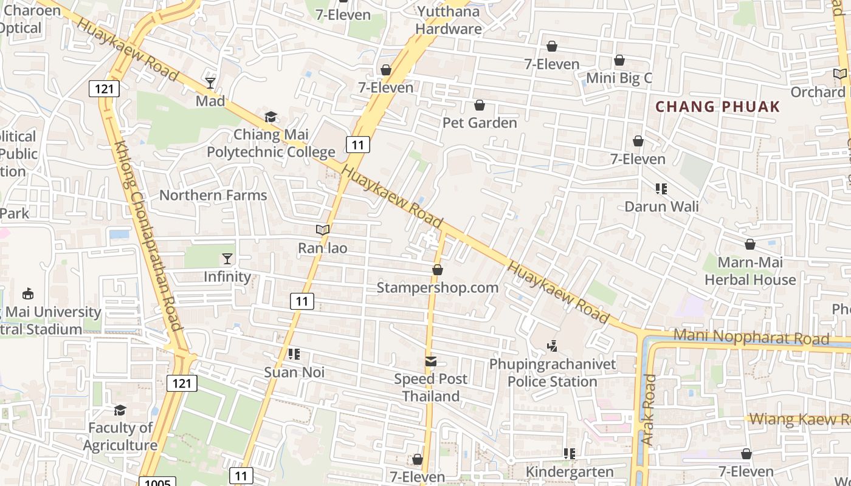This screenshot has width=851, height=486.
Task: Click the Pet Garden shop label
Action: tap(480, 123)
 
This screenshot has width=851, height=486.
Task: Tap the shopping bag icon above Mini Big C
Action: tap(619, 60)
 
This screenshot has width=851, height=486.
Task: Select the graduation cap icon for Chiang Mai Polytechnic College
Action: tap(270, 117)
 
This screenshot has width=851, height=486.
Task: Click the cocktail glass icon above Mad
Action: tap(210, 83)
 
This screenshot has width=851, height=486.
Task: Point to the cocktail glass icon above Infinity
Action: tap(227, 259)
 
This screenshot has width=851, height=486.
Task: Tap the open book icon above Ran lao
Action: tap(322, 230)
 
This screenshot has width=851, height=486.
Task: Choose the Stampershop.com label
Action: tap(437, 287)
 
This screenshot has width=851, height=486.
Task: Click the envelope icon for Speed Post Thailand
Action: tap(430, 361)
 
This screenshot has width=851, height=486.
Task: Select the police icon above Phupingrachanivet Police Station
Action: tap(552, 346)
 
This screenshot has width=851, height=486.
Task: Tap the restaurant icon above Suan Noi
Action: tap(294, 354)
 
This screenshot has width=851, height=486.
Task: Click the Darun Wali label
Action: tap(661, 207)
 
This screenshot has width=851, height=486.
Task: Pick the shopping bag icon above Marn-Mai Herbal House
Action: tap(750, 244)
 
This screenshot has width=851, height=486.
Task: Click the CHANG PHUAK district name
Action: tap(717, 107)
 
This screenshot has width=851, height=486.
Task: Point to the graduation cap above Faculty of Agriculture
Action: tap(120, 410)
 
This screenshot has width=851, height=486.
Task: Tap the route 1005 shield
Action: tap(157, 482)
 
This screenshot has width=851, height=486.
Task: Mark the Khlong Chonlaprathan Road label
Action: tap(150, 237)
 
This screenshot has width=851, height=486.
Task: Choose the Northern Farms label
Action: tap(213, 195)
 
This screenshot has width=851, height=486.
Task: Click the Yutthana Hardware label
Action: tap(449, 20)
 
